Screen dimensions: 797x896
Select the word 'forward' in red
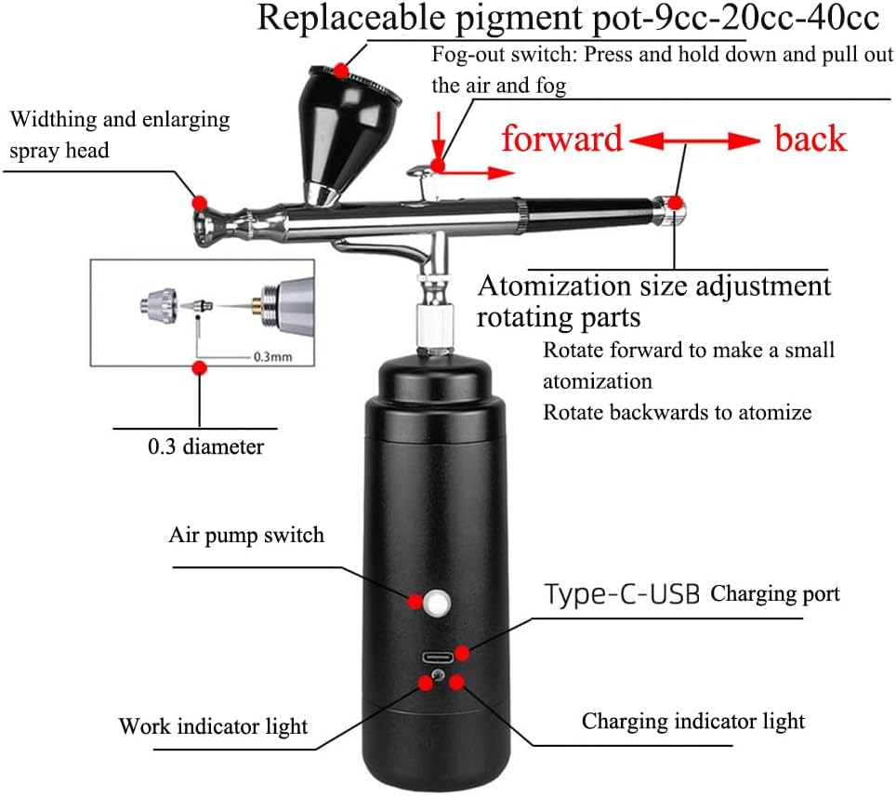pos(561,139)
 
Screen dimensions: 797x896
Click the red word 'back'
pos(810,139)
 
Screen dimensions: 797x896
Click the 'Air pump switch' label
pos(246,535)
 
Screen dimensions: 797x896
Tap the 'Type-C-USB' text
pos(622,594)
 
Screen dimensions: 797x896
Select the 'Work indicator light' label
pos(213,726)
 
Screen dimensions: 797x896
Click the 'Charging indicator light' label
pos(693,721)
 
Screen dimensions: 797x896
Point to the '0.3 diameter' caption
pos(205,446)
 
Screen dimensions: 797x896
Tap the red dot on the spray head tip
pos(198,202)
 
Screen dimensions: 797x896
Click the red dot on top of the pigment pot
pos(342,70)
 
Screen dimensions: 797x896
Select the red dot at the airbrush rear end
pos(676,203)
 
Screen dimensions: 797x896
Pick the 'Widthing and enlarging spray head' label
pos(119,134)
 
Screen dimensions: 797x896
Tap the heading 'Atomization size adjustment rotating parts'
pos(653,299)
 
